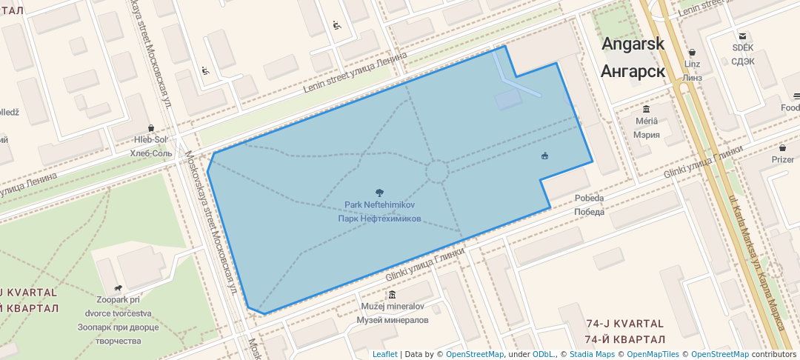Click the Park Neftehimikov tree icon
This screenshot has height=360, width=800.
coord(380,193)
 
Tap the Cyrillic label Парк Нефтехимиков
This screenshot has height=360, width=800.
coord(379,219)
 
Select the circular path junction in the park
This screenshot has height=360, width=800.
coord(436,172)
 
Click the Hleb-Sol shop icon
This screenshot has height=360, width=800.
coord(151,128)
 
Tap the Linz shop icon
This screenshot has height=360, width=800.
coord(692,53)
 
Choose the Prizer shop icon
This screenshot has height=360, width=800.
coord(782,148)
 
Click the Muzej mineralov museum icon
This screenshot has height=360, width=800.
coord(392,295)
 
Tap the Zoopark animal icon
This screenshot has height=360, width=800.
coord(117,288)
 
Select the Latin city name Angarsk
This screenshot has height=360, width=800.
coord(633,44)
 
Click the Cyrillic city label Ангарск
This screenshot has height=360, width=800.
coord(633,71)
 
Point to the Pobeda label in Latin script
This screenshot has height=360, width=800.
coord(589,199)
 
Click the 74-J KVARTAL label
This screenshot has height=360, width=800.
coord(624,324)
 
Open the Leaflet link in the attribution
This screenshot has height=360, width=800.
coord(384,354)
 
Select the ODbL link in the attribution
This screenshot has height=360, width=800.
coord(544,354)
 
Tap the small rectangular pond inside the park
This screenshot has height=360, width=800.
coord(509,100)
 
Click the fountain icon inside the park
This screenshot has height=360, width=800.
coord(545,156)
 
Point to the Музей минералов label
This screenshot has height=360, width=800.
coord(393,320)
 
